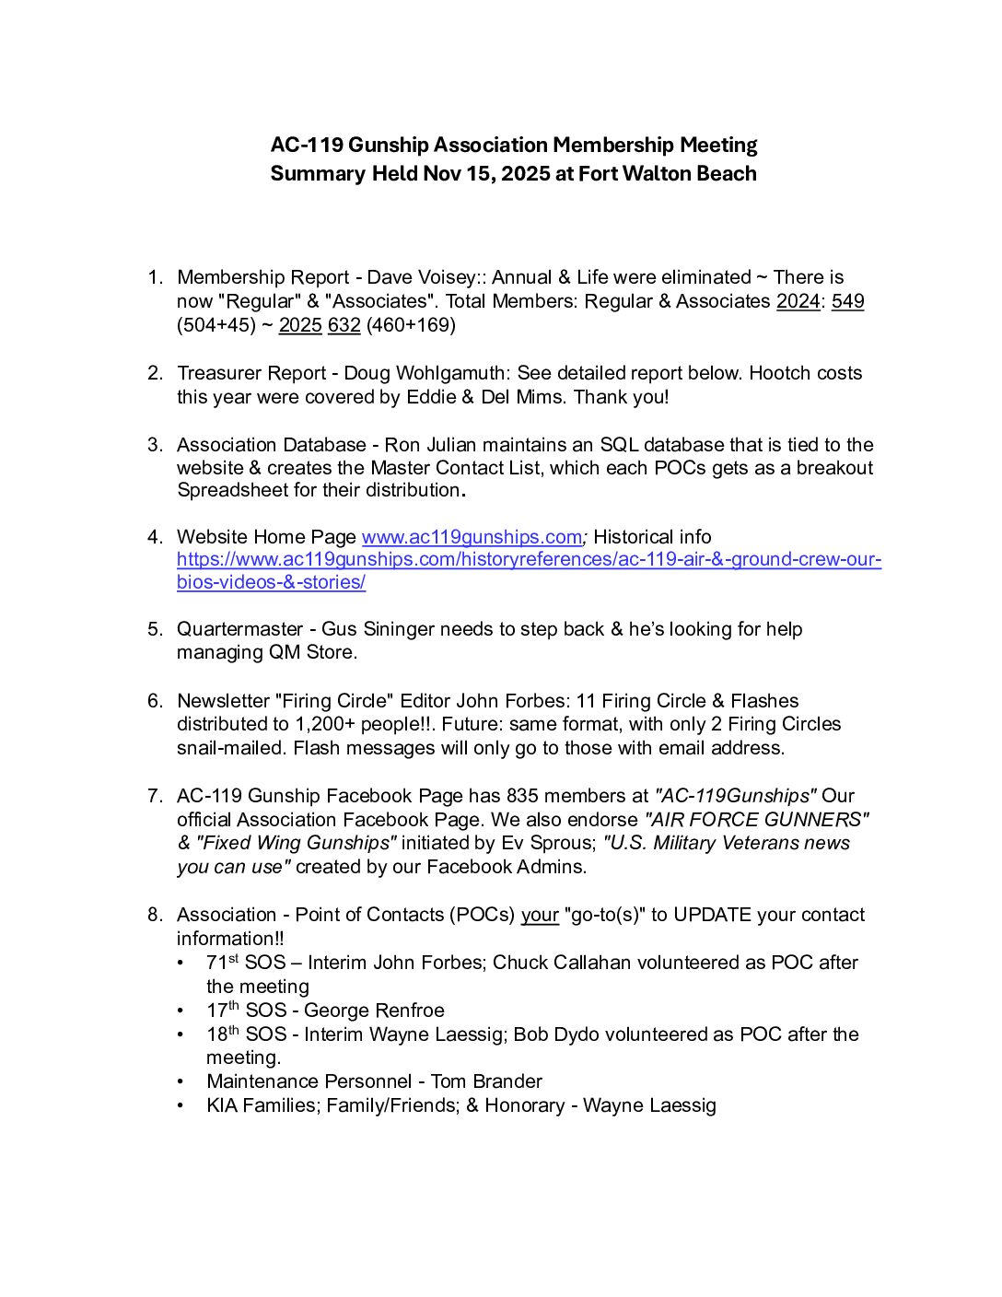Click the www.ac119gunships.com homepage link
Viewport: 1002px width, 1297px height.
pyautogui.click(x=472, y=537)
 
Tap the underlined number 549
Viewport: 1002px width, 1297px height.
pyautogui.click(x=847, y=301)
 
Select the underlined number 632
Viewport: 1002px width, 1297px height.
pyautogui.click(x=344, y=325)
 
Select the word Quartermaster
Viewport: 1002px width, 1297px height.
pyautogui.click(x=239, y=629)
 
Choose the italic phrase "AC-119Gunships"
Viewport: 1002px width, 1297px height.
pyautogui.click(x=735, y=796)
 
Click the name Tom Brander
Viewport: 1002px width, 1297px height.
pyautogui.click(x=486, y=1081)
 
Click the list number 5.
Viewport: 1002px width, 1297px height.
pyautogui.click(x=155, y=629)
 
